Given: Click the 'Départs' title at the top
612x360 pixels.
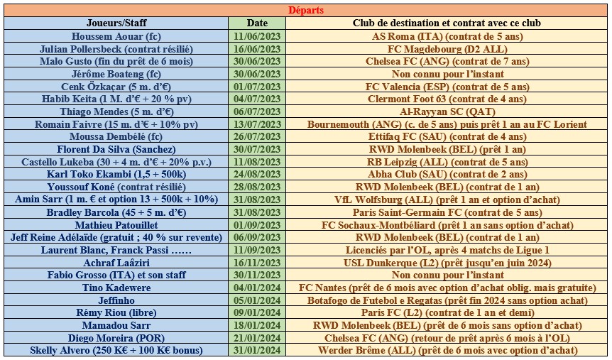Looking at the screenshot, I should point(305,11).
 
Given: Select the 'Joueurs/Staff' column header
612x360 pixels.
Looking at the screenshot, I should point(116,23).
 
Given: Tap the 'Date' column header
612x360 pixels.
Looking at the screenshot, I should point(257,23).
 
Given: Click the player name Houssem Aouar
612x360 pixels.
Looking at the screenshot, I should point(116,36).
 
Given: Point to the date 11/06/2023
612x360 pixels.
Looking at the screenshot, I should point(257,36).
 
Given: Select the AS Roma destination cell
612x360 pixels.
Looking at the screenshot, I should point(447,36).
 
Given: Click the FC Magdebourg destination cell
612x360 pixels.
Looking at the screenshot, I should point(447,49).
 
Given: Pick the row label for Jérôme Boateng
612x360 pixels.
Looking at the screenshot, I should point(116,74).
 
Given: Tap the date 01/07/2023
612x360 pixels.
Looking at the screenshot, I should point(257,87).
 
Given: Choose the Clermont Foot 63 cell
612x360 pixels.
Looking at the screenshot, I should point(447,99).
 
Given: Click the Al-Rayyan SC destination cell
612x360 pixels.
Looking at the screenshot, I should point(447,111).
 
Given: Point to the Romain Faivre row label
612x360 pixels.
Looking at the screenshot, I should point(116,124).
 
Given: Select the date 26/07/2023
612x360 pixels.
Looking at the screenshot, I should point(257,137).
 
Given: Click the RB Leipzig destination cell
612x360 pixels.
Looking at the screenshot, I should point(447,162).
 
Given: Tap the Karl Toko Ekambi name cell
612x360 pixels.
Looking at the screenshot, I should point(116,175).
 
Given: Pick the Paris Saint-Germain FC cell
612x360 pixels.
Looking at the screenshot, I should point(447,212).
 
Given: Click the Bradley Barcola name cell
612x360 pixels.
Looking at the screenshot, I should point(116,212).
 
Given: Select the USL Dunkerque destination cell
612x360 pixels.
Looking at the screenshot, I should point(447,263).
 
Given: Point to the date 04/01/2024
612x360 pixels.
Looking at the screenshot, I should point(257,288).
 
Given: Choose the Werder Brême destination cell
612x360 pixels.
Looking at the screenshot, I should point(447,351).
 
